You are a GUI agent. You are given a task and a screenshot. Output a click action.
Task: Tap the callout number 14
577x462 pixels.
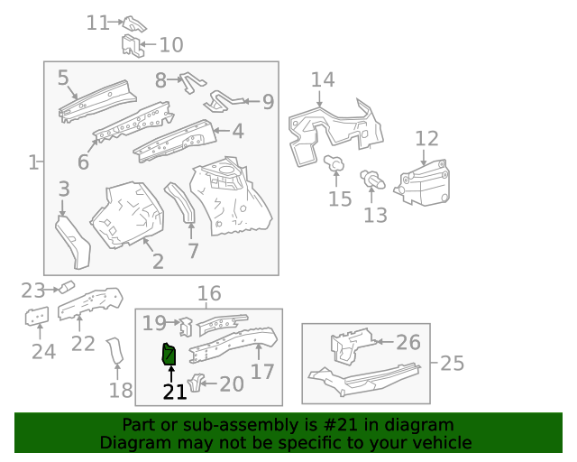[323, 80]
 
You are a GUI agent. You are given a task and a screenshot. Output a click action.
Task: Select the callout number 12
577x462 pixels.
[426, 139]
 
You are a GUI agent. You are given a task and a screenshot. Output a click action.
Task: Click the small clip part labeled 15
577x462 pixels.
[334, 164]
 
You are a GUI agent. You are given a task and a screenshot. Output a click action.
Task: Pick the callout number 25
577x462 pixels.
[452, 364]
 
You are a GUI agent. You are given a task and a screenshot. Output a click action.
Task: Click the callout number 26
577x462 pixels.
[408, 342]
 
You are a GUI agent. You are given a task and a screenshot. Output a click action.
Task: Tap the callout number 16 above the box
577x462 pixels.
[208, 293]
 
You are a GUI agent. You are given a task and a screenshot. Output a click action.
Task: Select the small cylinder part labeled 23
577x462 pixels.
[65, 287]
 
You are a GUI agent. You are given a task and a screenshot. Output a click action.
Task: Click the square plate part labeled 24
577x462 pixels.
[36, 318]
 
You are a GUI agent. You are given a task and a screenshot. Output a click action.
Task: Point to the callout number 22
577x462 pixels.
[83, 343]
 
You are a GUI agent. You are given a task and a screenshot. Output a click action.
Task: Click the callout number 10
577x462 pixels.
[170, 44]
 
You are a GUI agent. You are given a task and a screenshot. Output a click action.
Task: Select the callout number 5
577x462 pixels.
[63, 79]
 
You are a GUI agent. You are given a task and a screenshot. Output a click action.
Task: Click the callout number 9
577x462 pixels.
[268, 103]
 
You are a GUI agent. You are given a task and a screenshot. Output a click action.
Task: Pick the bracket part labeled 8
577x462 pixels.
[191, 81]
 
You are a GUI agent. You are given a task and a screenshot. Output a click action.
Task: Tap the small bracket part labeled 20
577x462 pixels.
[196, 382]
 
